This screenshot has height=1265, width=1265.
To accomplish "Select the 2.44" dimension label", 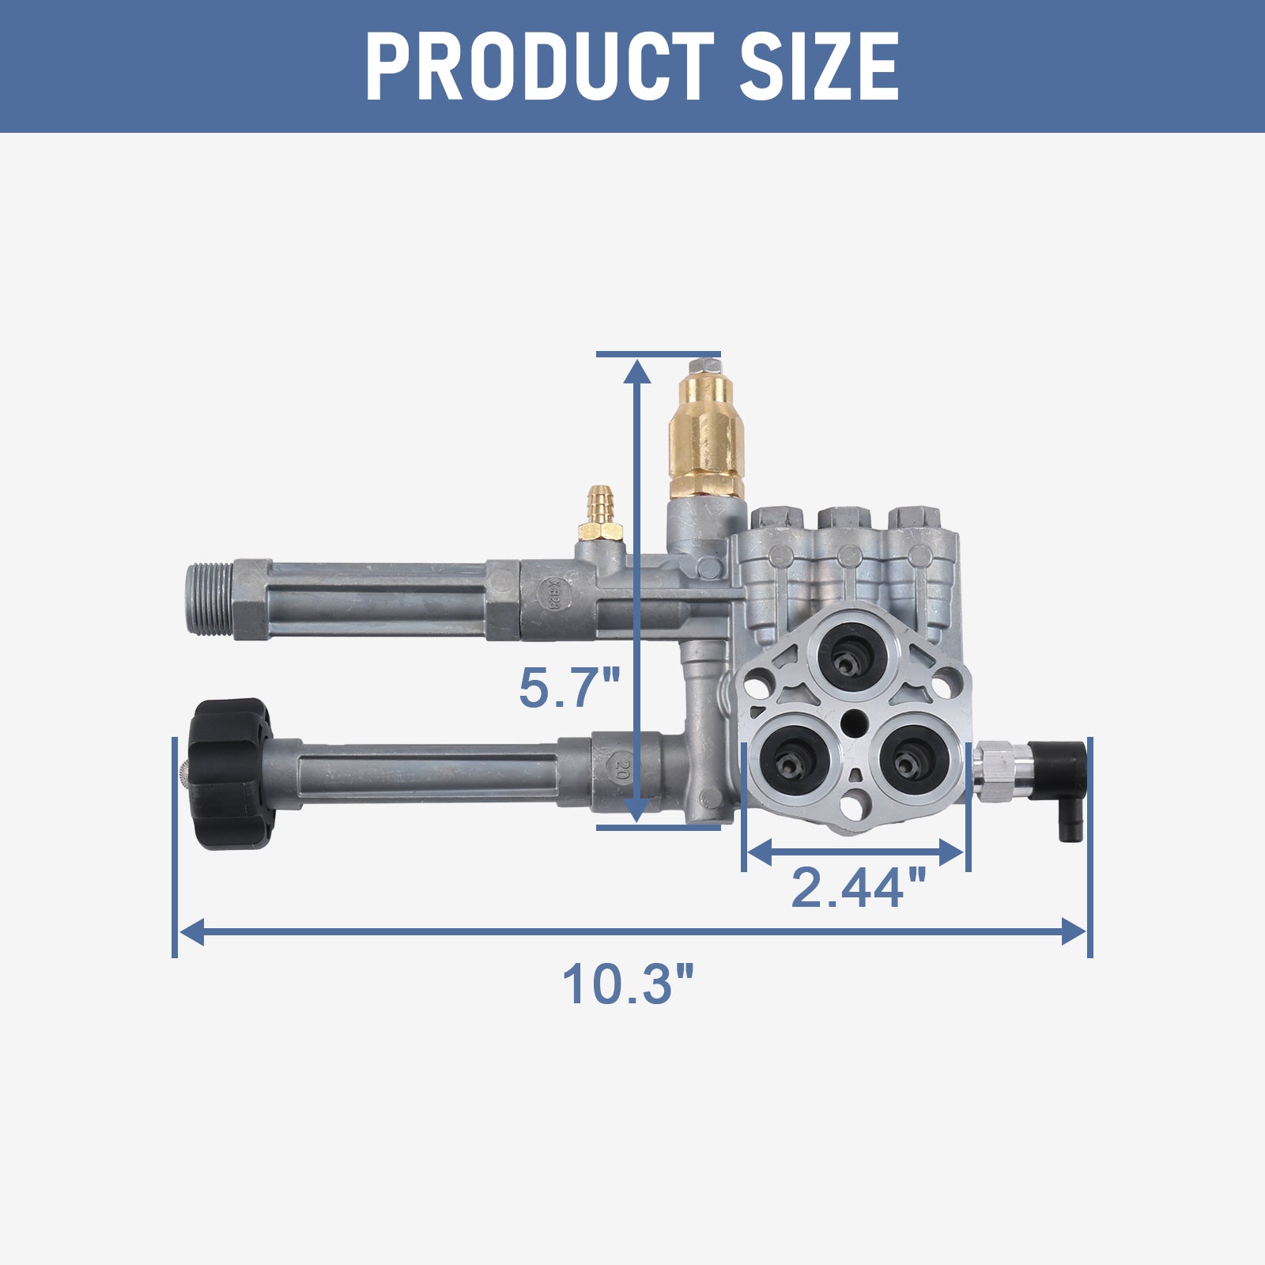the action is pyautogui.click(x=858, y=887).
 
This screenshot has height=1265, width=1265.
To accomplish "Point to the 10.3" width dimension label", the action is pyautogui.click(x=628, y=984).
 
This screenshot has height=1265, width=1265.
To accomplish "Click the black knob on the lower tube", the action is pyautogui.click(x=229, y=773).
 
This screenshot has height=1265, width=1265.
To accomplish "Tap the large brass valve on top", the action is pyautogui.click(x=706, y=435).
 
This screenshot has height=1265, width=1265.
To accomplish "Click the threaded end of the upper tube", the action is pyautogui.click(x=212, y=599).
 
